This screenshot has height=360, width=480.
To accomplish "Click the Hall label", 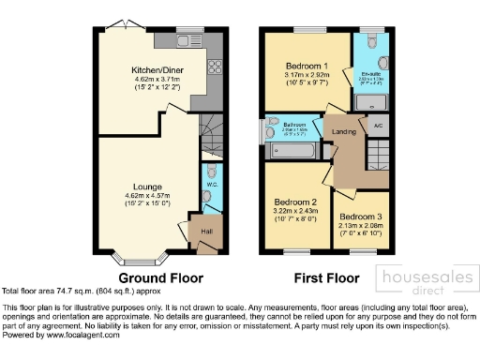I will pyautogui.click(x=207, y=231).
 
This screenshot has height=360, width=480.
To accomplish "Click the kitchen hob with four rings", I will pyautogui.click(x=215, y=67).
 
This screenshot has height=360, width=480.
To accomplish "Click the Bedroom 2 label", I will pyautogui.click(x=294, y=202).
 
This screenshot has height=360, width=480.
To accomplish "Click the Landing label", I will pyautogui.click(x=345, y=132).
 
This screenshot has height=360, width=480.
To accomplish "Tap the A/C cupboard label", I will pyautogui.click(x=377, y=125).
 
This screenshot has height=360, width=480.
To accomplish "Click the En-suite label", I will pyautogui.click(x=371, y=71).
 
